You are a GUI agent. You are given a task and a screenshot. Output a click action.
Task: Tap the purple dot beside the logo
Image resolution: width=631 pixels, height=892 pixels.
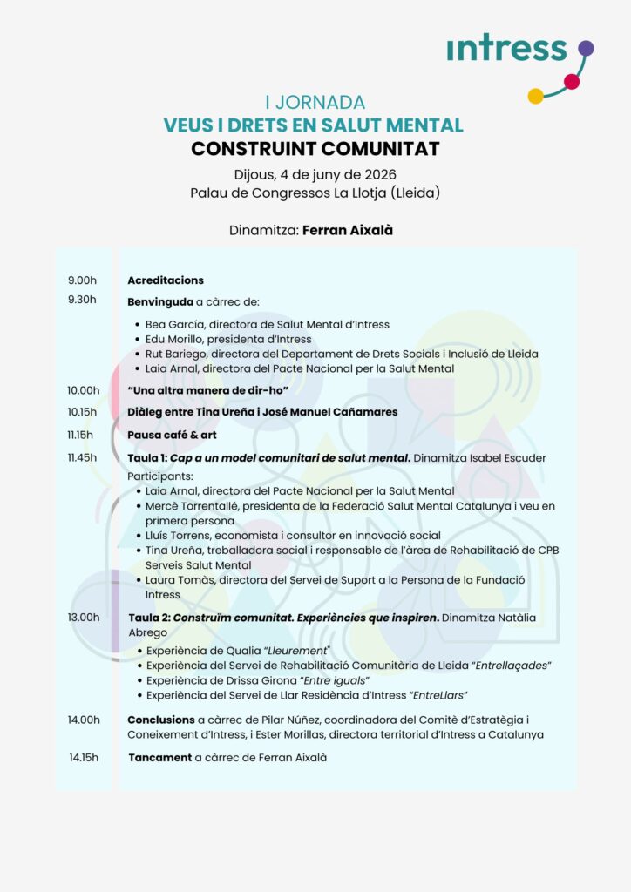tap(586, 48)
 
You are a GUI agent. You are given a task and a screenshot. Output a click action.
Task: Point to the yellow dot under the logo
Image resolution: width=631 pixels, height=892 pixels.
tap(536, 96)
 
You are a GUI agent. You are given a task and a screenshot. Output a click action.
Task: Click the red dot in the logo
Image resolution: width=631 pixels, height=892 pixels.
tap(572, 82)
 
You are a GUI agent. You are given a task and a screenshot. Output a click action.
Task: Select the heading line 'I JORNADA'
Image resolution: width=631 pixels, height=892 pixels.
tap(315, 103)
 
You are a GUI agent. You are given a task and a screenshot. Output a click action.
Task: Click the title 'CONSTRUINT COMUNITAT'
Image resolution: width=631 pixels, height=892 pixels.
tap(315, 149)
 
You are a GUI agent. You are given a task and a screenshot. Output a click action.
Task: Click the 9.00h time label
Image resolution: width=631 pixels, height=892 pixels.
tap(82, 280)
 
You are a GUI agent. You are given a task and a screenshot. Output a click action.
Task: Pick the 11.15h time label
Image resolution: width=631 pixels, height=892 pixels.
tap(82, 435)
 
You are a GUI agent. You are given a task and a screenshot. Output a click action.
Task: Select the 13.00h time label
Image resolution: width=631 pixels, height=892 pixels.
tap(84, 618)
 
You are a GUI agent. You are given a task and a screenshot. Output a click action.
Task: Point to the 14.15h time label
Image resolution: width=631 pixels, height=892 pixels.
tap(84, 757)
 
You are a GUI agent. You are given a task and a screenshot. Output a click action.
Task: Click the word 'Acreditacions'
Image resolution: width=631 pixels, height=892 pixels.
tap(166, 280)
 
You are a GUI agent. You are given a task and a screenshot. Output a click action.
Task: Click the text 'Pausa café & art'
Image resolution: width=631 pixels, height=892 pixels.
tap(172, 435)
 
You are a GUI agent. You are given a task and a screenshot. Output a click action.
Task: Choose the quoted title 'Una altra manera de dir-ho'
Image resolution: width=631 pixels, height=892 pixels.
tap(208, 390)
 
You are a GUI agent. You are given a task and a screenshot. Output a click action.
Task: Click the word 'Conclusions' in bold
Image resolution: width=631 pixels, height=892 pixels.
tap(161, 720)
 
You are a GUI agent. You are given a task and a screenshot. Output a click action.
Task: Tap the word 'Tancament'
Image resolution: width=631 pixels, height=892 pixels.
tap(159, 758)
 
